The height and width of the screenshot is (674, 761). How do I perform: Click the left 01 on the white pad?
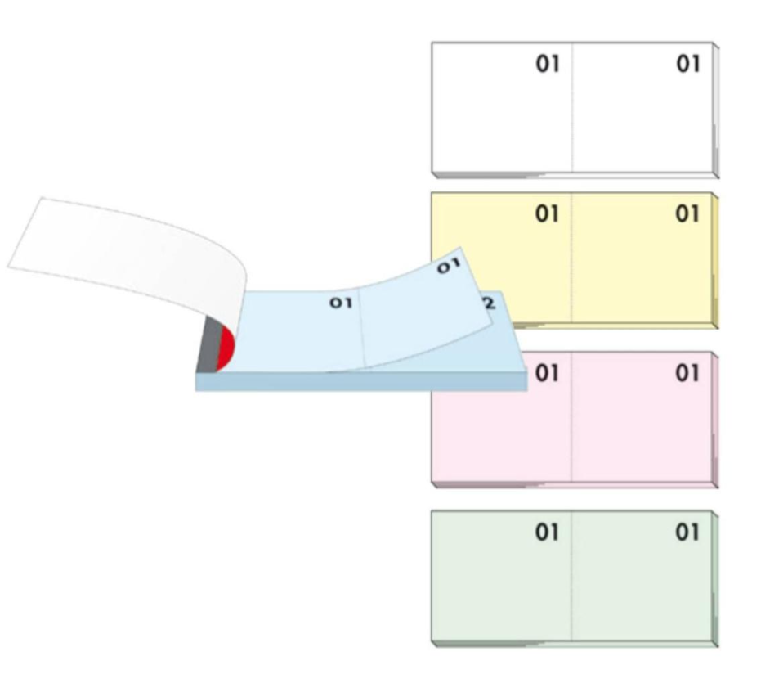(x=547, y=65)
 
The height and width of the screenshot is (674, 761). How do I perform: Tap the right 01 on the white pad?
(x=688, y=65)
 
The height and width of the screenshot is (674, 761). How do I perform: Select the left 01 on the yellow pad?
(x=547, y=214)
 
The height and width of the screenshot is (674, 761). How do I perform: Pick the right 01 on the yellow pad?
(x=688, y=214)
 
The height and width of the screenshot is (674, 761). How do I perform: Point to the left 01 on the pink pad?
(x=547, y=374)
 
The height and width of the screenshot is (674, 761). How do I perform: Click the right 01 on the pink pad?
(x=688, y=374)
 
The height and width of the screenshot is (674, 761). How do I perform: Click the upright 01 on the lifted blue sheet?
(x=340, y=303)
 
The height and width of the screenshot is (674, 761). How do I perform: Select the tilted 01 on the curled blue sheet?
(x=448, y=267)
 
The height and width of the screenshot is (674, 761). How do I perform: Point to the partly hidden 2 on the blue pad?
(x=490, y=303)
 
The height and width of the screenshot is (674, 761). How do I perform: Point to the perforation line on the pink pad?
(x=572, y=434)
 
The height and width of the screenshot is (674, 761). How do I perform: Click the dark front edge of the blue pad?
(x=360, y=382)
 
